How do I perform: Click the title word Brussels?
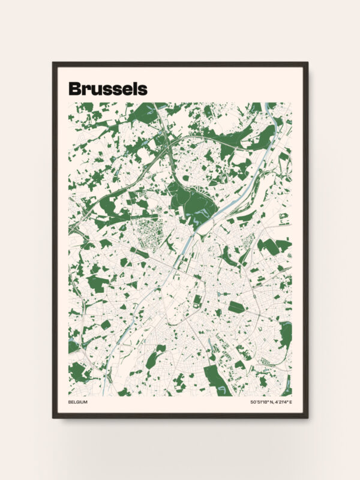click(107, 89)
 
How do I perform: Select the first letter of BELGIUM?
click(70, 402)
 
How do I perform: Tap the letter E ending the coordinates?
click(290, 402)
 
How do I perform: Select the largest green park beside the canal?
click(191, 201)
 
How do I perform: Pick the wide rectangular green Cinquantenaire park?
click(236, 307)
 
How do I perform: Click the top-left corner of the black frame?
click(53, 63)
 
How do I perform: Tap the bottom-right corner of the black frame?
click(307, 417)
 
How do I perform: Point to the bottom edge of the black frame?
click(180, 416)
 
